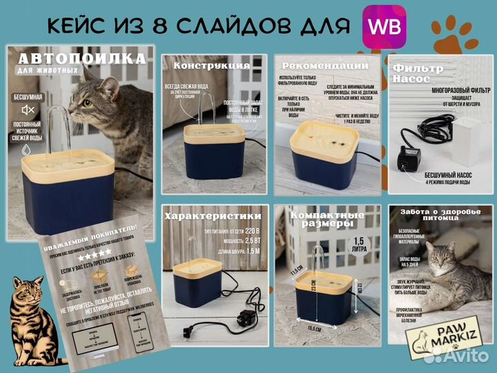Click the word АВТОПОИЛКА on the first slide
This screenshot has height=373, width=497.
(82, 59)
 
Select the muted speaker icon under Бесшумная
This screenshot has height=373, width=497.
(28, 110)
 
